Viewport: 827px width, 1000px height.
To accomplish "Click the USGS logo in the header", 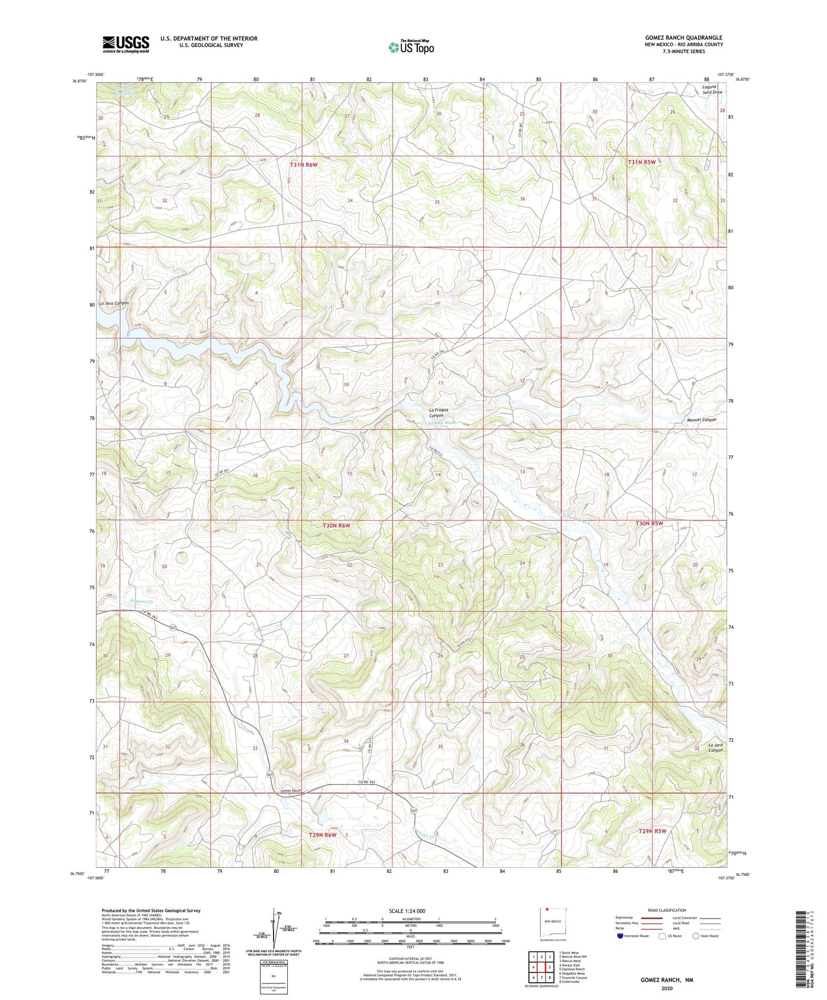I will (126, 44).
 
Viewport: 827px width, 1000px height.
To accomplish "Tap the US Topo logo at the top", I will (410, 47).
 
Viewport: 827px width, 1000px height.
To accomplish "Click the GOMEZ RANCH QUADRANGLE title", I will (683, 38).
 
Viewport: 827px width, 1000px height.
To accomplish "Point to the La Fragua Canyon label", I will (441, 412).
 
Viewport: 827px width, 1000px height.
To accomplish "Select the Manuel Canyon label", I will (701, 420).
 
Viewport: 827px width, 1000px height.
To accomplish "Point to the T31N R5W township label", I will (641, 163).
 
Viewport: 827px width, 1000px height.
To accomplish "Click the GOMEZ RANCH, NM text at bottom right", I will (666, 980).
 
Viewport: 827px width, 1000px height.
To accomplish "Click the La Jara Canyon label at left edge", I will (113, 303).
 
